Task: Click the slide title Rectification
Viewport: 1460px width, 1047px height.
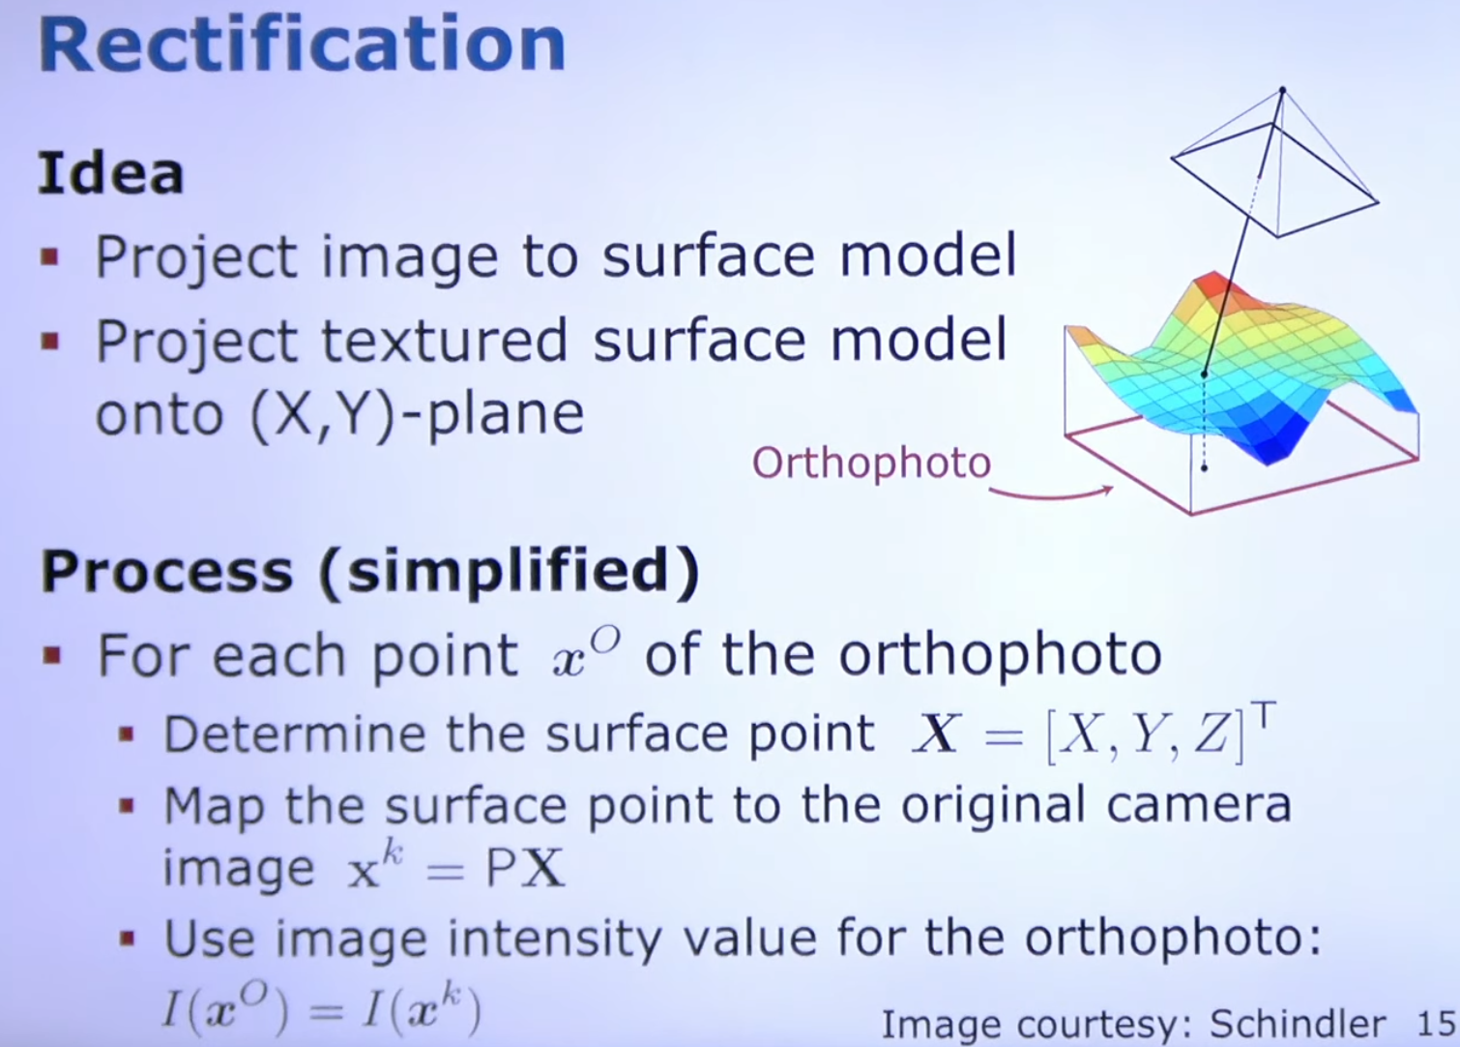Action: pos(302,45)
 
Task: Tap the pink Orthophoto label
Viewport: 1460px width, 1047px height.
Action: pos(871,464)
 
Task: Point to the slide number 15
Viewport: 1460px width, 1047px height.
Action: pos(1436,1023)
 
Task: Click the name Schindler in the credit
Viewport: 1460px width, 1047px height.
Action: pos(1297,1023)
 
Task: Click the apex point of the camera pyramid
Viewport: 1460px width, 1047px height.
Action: pos(1282,89)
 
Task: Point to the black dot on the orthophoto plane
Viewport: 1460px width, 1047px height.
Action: pos(1204,467)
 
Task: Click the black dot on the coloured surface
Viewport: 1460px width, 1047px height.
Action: pos(1204,374)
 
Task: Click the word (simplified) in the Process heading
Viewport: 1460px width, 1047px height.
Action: pos(510,572)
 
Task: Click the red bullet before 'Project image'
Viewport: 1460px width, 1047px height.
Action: pos(49,256)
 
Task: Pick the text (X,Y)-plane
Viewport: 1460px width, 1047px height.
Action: pos(418,415)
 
